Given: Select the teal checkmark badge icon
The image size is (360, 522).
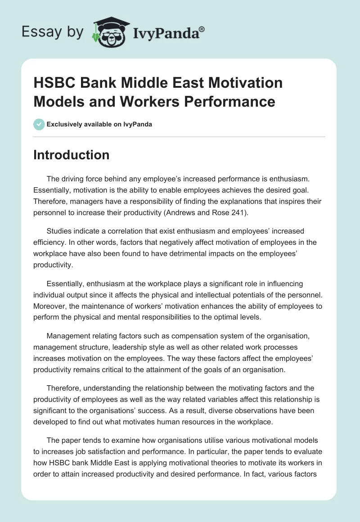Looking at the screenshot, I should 39,124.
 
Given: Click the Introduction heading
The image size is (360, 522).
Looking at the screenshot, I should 71,155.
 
